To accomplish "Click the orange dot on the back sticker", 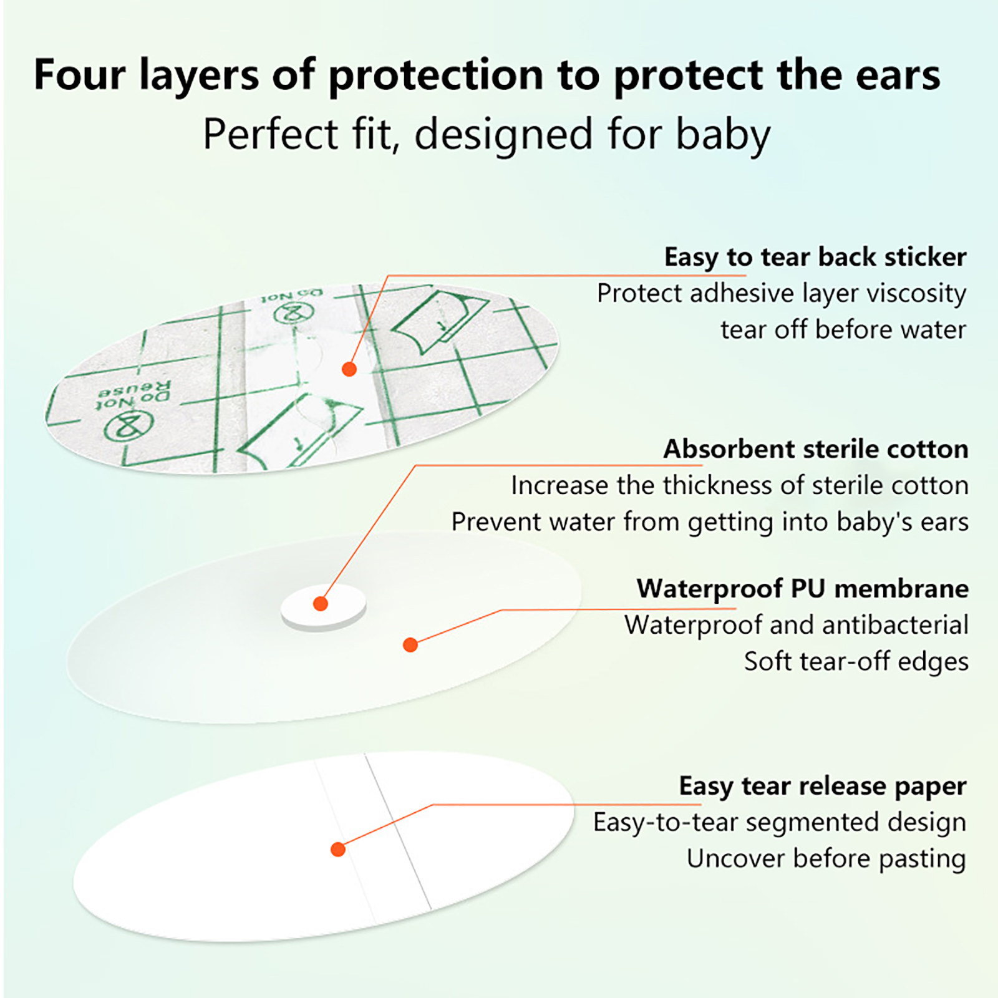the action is [x=349, y=369].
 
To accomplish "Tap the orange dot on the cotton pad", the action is [x=321, y=603].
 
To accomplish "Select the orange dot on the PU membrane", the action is [x=410, y=644].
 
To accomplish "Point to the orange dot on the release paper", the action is [x=338, y=849].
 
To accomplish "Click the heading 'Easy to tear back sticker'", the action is [x=815, y=257].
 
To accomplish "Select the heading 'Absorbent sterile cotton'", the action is [x=816, y=449].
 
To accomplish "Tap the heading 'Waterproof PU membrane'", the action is [x=803, y=588].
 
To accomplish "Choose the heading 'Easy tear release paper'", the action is [x=823, y=787].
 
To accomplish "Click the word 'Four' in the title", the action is [x=79, y=75].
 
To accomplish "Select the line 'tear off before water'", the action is [x=843, y=329].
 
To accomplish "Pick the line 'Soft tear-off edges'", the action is [x=856, y=661].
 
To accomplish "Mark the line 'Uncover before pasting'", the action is [x=826, y=859].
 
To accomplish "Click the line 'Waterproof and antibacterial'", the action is [x=797, y=625].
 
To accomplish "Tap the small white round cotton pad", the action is [x=323, y=608].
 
